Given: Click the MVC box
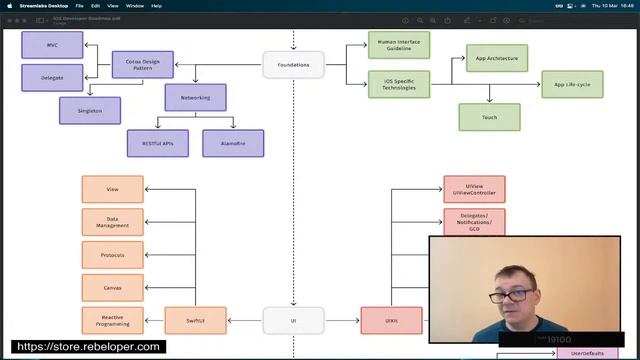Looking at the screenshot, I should point(52,45).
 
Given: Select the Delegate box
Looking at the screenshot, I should point(52,77).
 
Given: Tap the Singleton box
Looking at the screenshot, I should point(90,110).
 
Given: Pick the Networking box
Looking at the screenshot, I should point(195,97).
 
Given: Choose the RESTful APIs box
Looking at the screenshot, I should point(157,143).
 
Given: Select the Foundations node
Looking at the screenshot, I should point(293,65).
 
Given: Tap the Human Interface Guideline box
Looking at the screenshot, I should point(398,45).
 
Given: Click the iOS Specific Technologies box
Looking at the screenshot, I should point(398,83).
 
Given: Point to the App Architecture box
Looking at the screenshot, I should point(496,58).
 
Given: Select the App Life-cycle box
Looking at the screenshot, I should point(573,84).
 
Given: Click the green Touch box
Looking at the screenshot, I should point(489,117).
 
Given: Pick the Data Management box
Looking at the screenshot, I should point(112,222).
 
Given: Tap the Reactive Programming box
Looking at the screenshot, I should point(112,320).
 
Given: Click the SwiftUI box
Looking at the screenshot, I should point(195,320).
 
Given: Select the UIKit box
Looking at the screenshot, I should point(391,320).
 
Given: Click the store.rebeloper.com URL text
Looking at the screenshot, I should point(89,347).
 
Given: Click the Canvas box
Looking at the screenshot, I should point(112,288).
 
